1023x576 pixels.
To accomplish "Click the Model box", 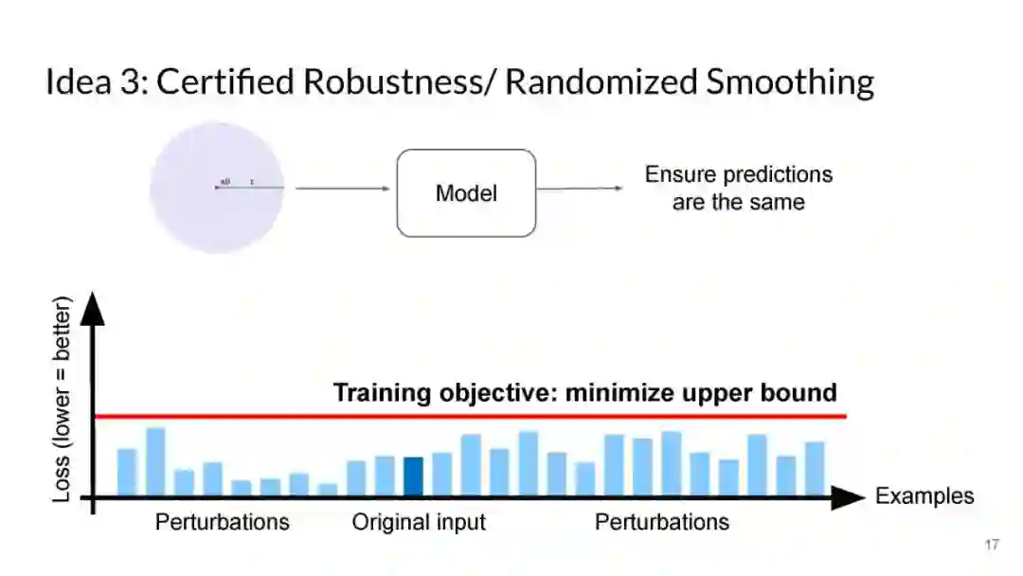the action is pos(466,193).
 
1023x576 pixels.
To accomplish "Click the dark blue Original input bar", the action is pos(414,477).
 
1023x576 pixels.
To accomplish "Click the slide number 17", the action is pos(992,545).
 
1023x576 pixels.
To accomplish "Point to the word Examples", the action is pos(924,496).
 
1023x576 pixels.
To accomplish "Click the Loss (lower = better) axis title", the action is pos(63,399).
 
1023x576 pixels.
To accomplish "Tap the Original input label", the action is pos(419,522).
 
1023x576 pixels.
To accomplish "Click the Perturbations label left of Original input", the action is pos(222,522).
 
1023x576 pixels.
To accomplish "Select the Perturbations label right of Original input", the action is pos(661,522).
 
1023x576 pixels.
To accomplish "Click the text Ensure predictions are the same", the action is pos(738,188).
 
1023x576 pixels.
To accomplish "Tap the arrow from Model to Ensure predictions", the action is pos(580,189).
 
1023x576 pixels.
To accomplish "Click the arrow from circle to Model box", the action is pos(342,189).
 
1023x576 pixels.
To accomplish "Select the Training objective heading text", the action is pos(584,392).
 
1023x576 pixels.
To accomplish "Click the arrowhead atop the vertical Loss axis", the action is pos(92,307).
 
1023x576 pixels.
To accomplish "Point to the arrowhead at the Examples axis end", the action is pos(849,497).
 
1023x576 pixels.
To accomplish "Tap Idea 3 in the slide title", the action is pos(91,82).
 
